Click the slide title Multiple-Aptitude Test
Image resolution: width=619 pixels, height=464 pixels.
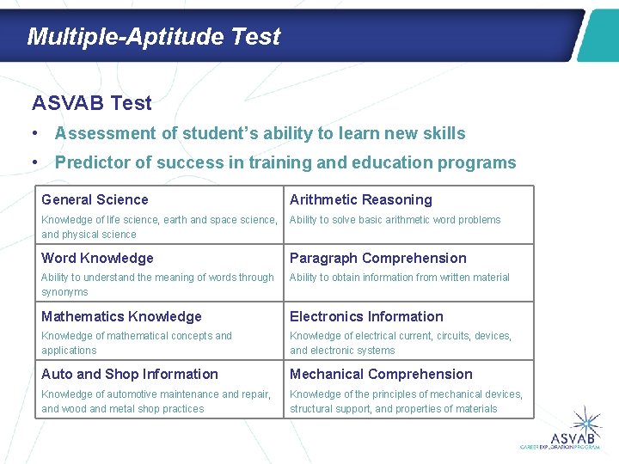point(153,36)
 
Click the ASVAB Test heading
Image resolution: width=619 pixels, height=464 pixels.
point(91,103)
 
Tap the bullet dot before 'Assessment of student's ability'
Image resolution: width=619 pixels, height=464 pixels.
point(33,134)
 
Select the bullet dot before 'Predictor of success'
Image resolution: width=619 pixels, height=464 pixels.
point(33,163)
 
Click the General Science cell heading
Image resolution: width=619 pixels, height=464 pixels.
point(95,199)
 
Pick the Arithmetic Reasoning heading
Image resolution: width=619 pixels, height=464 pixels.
point(360,199)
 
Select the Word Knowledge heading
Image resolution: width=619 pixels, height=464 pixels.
point(97,258)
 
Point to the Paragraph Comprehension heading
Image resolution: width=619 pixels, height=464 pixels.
point(377,258)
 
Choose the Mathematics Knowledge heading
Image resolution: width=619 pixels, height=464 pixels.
point(121,316)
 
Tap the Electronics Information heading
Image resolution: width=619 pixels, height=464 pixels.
point(366,316)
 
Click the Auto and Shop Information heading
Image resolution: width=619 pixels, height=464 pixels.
point(129,374)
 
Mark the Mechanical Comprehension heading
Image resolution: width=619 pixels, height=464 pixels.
point(381,374)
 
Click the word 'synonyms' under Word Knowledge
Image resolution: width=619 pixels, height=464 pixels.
point(64,292)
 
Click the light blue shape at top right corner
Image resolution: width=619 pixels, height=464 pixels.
point(598,36)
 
